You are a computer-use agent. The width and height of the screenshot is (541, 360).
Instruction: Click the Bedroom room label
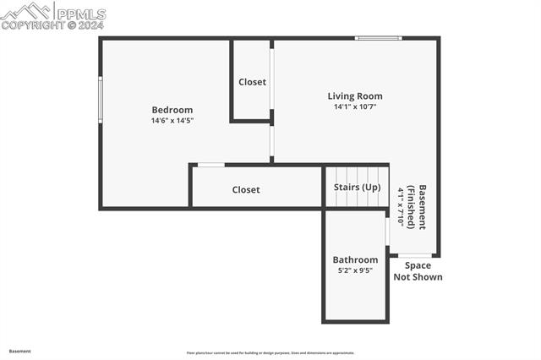click(x=172, y=110)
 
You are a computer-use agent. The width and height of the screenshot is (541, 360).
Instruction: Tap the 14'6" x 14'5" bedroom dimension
click(x=172, y=121)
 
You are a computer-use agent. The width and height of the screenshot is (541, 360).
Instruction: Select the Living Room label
click(x=355, y=96)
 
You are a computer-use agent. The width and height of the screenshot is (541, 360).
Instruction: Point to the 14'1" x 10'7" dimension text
click(x=355, y=107)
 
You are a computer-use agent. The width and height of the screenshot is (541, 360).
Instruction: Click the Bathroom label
click(x=355, y=260)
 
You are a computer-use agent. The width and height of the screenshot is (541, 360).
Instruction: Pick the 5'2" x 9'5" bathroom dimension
click(x=355, y=271)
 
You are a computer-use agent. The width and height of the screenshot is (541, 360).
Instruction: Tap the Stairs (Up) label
click(x=357, y=188)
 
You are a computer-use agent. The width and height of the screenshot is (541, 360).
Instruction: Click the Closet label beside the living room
click(x=252, y=82)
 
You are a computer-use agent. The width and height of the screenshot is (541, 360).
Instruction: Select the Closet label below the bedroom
click(x=246, y=190)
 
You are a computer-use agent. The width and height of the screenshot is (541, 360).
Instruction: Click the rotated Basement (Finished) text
click(x=417, y=207)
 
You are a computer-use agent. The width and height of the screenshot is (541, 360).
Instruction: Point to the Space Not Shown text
click(x=418, y=271)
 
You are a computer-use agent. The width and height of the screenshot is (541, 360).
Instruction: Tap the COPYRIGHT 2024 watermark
click(x=52, y=25)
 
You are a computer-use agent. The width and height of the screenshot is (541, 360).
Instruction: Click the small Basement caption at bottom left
click(x=20, y=351)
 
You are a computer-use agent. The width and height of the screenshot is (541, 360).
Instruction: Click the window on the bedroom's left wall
click(x=101, y=100)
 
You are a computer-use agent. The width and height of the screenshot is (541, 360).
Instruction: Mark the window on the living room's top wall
click(x=378, y=38)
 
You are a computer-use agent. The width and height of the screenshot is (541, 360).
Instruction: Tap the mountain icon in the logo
click(x=25, y=11)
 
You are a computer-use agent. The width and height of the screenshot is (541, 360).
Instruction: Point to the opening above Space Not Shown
click(x=415, y=254)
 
